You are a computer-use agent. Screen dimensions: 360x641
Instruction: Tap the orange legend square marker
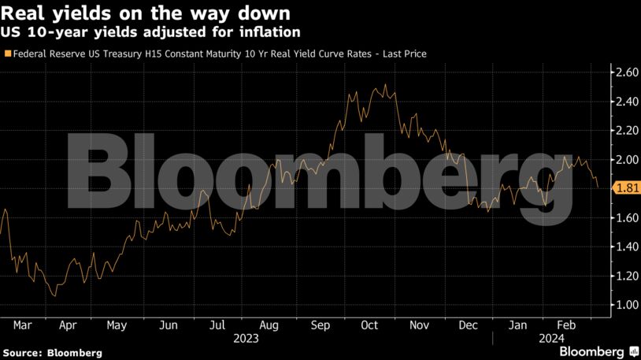(x=8, y=54)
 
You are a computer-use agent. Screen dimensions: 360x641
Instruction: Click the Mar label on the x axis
(x=22, y=325)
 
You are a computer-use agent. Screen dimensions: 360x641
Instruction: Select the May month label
(x=117, y=325)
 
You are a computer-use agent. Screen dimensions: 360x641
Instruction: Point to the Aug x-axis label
(x=269, y=325)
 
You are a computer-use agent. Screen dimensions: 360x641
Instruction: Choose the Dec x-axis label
(x=468, y=325)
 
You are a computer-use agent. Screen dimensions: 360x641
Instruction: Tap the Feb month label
(x=565, y=325)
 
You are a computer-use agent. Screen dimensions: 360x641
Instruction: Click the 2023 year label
(x=246, y=338)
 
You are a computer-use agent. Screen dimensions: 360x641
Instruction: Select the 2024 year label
(x=551, y=338)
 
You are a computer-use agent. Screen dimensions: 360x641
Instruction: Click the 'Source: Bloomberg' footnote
(x=51, y=353)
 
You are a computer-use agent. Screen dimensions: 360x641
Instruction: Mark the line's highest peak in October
(x=385, y=84)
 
